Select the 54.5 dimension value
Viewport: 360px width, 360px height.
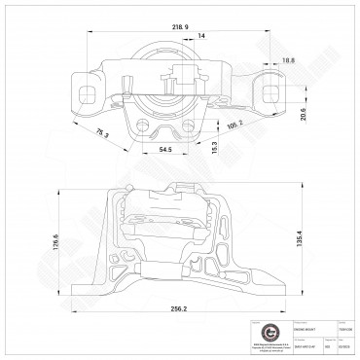166,149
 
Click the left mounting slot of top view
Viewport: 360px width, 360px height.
90,91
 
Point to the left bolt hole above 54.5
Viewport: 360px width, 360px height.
152,129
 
